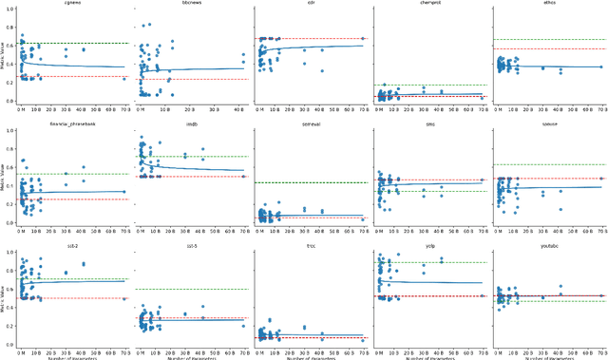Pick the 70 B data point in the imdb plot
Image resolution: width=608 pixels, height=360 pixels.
[x=244, y=177]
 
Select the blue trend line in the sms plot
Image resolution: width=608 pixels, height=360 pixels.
[x=437, y=184]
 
